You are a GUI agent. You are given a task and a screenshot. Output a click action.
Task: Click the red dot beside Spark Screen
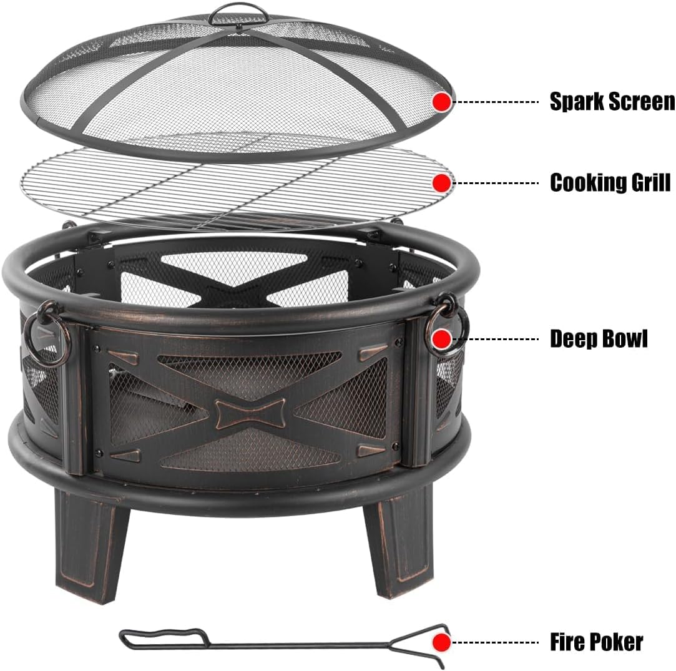click(x=442, y=102)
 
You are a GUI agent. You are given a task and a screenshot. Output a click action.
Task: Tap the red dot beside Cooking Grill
click(x=442, y=183)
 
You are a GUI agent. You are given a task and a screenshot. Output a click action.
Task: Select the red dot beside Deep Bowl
click(x=442, y=339)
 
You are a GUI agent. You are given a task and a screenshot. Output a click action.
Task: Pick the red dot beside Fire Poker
click(x=442, y=641)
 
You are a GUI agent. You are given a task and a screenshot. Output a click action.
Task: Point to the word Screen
click(x=643, y=102)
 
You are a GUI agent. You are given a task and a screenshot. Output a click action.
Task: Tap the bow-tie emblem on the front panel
click(x=250, y=413)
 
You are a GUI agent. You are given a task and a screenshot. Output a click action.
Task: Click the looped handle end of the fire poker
click(x=162, y=639)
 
